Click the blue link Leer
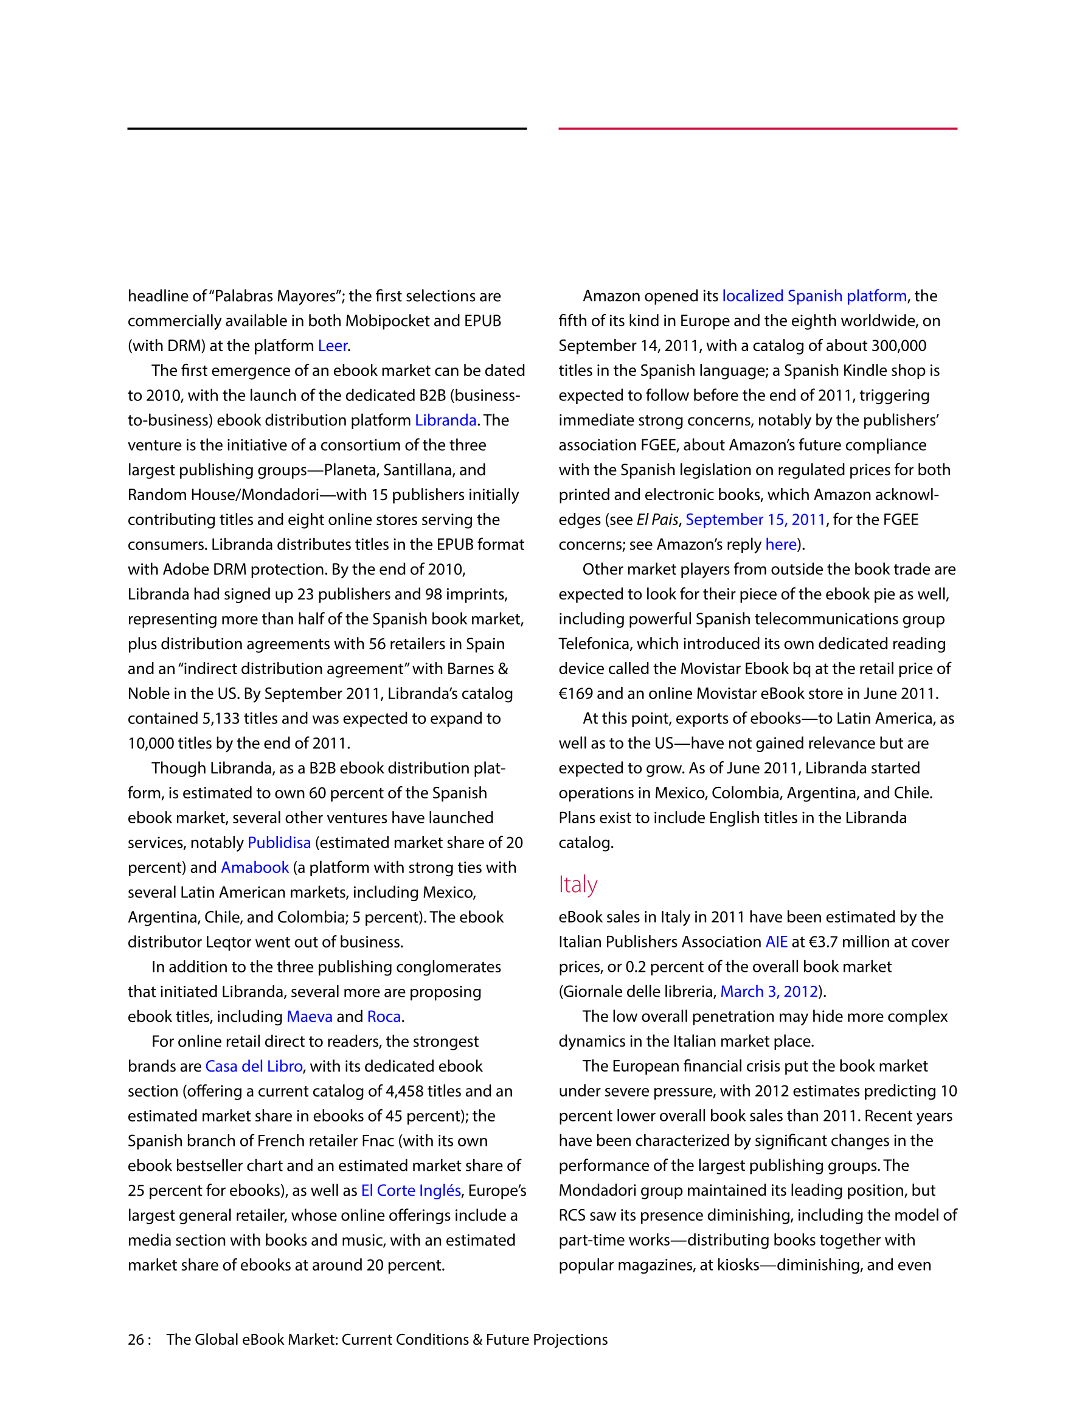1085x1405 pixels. click(x=333, y=346)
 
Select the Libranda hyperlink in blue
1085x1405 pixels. click(x=445, y=420)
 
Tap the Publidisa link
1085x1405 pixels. click(x=279, y=843)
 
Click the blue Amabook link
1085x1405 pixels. click(x=255, y=867)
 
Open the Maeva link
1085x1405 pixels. click(x=310, y=1016)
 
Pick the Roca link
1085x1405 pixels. click(x=384, y=1016)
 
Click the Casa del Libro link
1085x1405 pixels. click(x=254, y=1066)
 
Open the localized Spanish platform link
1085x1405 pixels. click(x=814, y=296)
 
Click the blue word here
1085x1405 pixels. click(x=781, y=544)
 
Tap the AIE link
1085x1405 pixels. click(x=776, y=942)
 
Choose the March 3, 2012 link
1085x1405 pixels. click(x=769, y=991)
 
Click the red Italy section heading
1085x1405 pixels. click(x=578, y=885)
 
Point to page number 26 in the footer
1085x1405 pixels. click(x=136, y=1339)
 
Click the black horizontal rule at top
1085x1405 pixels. click(x=327, y=128)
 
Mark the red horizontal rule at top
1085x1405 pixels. click(x=758, y=128)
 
